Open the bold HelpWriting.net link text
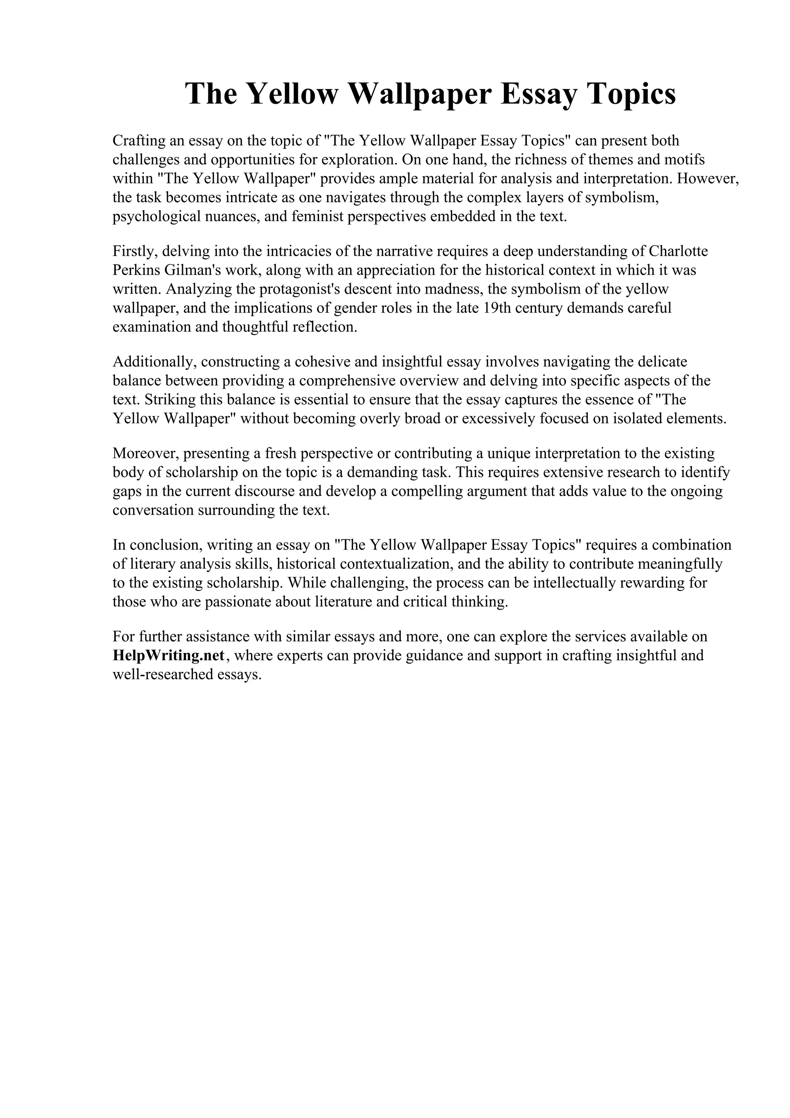tap(169, 655)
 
